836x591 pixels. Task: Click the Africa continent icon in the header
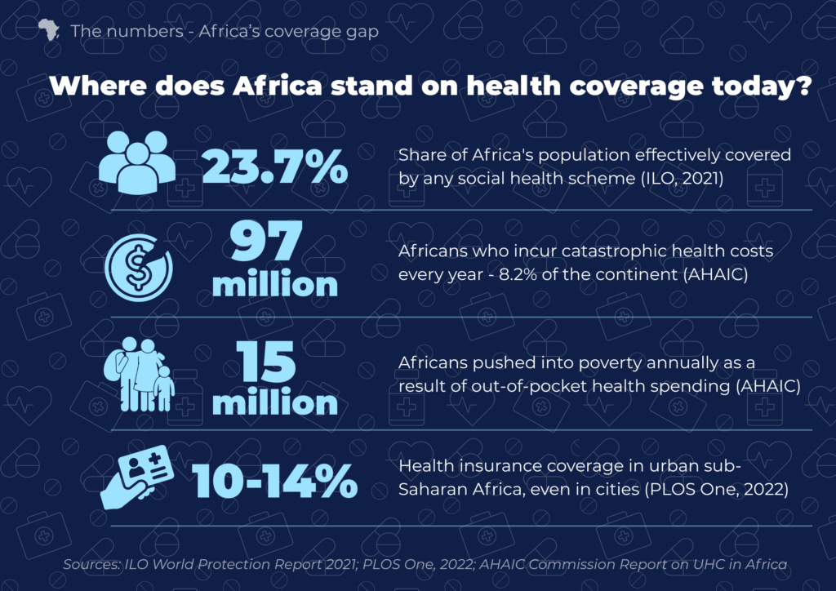click(48, 30)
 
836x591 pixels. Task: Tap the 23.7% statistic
click(274, 167)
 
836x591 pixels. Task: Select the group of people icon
click(137, 162)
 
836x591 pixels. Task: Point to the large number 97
click(266, 241)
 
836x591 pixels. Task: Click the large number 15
click(265, 362)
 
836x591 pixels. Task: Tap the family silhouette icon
click(140, 375)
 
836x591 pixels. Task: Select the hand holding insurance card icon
click(137, 477)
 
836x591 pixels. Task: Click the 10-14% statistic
click(274, 481)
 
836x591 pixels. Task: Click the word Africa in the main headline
click(278, 85)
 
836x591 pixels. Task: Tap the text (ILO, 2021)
click(682, 178)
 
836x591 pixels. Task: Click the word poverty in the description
click(610, 363)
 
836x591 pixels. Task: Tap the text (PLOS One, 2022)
click(717, 489)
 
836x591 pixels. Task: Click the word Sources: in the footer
click(92, 564)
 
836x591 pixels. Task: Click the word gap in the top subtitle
click(362, 33)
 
